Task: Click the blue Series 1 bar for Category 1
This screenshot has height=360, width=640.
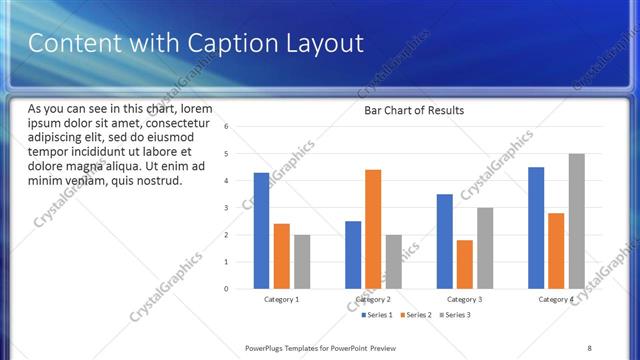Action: (261, 231)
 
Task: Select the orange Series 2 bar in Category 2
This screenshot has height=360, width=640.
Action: (373, 229)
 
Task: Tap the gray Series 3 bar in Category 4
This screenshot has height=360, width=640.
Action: (577, 221)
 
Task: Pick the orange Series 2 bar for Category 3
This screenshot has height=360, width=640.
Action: (465, 264)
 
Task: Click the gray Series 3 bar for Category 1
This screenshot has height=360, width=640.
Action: (302, 262)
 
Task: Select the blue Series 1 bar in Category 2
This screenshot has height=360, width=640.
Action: (353, 255)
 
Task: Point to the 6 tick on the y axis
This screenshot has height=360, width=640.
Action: (227, 127)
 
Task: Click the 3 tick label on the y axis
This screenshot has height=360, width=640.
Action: (227, 208)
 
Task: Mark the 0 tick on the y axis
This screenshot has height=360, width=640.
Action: (227, 289)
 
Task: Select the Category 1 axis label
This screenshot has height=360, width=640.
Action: (281, 299)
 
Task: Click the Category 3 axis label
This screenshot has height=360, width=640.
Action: (464, 299)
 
